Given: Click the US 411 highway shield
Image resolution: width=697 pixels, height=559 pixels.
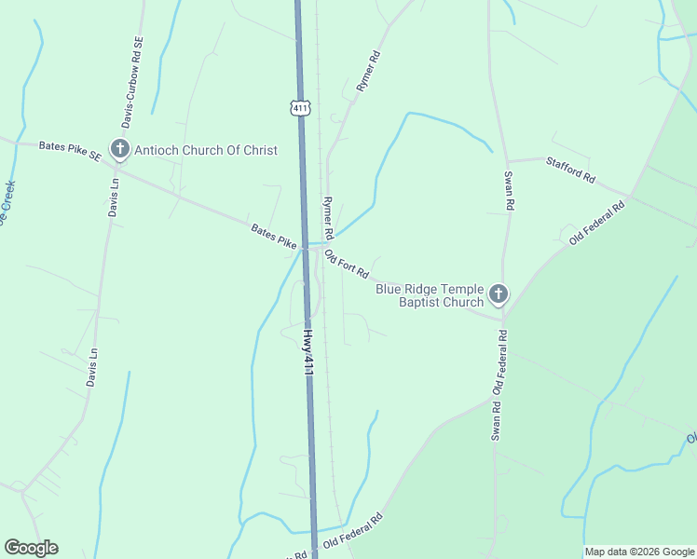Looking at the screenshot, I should pyautogui.click(x=299, y=108).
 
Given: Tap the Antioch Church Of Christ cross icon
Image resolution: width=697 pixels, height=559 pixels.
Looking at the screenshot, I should pyautogui.click(x=119, y=149).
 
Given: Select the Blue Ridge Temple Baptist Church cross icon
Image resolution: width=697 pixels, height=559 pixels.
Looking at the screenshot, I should pyautogui.click(x=499, y=295).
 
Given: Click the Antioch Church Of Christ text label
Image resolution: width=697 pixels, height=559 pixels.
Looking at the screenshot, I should pyautogui.click(x=206, y=150).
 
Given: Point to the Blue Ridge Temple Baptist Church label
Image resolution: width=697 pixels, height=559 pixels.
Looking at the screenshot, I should pyautogui.click(x=430, y=295).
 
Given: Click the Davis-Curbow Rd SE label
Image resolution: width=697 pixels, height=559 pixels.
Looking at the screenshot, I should pyautogui.click(x=130, y=82).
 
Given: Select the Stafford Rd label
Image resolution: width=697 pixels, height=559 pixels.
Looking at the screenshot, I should pyautogui.click(x=570, y=169).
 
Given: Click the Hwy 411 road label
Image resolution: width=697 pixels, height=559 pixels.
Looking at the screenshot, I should pyautogui.click(x=308, y=350).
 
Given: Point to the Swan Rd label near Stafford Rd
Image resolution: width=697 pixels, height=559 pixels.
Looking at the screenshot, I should pyautogui.click(x=509, y=191).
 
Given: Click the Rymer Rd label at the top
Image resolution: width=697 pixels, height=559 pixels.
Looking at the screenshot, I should pyautogui.click(x=369, y=71).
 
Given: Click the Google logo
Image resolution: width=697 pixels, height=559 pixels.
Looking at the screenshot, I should pyautogui.click(x=31, y=548).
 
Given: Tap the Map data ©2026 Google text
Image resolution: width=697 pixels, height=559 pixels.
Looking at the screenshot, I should pyautogui.click(x=638, y=552).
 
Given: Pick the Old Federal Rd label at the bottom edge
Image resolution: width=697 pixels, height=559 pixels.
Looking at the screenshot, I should pyautogui.click(x=353, y=531).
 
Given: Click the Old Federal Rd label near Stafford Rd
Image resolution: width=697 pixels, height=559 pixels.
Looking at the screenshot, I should pyautogui.click(x=596, y=222).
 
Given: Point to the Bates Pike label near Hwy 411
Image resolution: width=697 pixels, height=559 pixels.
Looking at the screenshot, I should pyautogui.click(x=273, y=236).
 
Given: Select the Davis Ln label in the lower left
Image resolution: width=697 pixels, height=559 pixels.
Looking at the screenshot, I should pyautogui.click(x=91, y=368).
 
